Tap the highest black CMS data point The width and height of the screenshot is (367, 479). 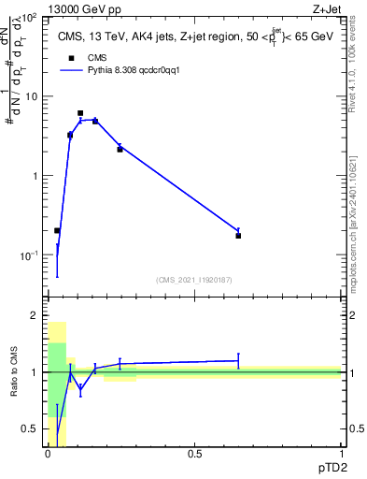[80, 113]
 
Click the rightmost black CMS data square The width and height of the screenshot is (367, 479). [238, 236]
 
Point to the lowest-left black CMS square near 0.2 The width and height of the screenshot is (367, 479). [57, 230]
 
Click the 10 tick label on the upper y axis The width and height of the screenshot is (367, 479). [31, 96]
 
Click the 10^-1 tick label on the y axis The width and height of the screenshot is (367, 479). [29, 255]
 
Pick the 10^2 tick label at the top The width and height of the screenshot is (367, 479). [29, 18]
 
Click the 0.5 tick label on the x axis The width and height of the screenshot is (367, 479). [195, 454]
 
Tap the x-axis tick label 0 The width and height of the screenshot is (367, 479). [48, 454]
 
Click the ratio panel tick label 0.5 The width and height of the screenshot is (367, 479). [30, 429]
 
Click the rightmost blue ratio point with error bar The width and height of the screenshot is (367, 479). [238, 360]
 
